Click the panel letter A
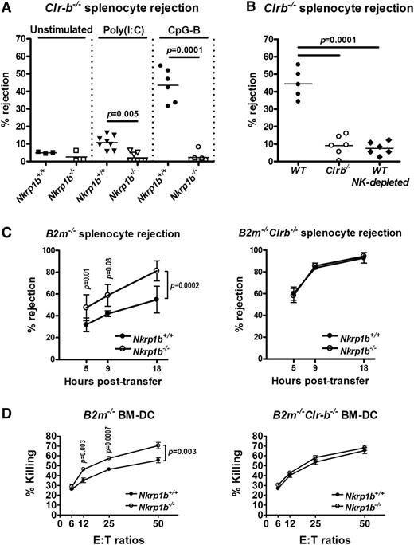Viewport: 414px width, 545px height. pos(7,8)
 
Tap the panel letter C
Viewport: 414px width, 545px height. pos(7,233)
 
